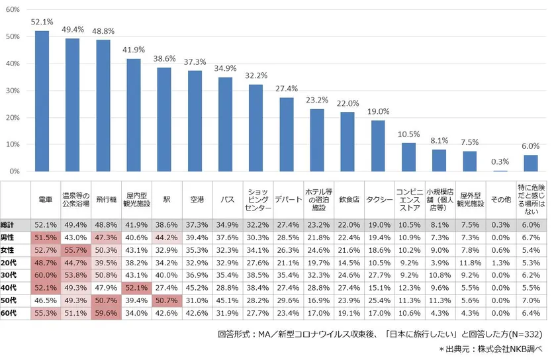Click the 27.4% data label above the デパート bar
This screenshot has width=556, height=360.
(286, 89)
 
